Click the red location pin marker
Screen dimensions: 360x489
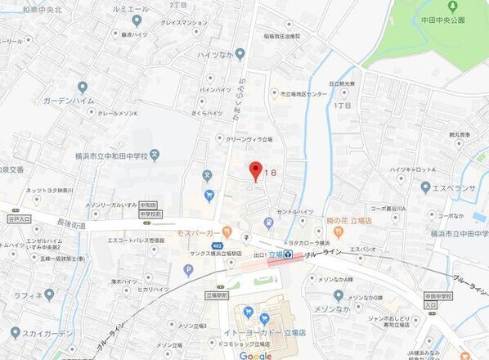(x=254, y=171)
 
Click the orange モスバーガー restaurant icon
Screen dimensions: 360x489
(x=227, y=232)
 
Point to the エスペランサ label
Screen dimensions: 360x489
(x=451, y=187)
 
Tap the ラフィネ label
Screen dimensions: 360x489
(x=28, y=295)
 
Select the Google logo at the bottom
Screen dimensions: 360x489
(x=255, y=356)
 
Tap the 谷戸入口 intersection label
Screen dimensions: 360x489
(x=18, y=218)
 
